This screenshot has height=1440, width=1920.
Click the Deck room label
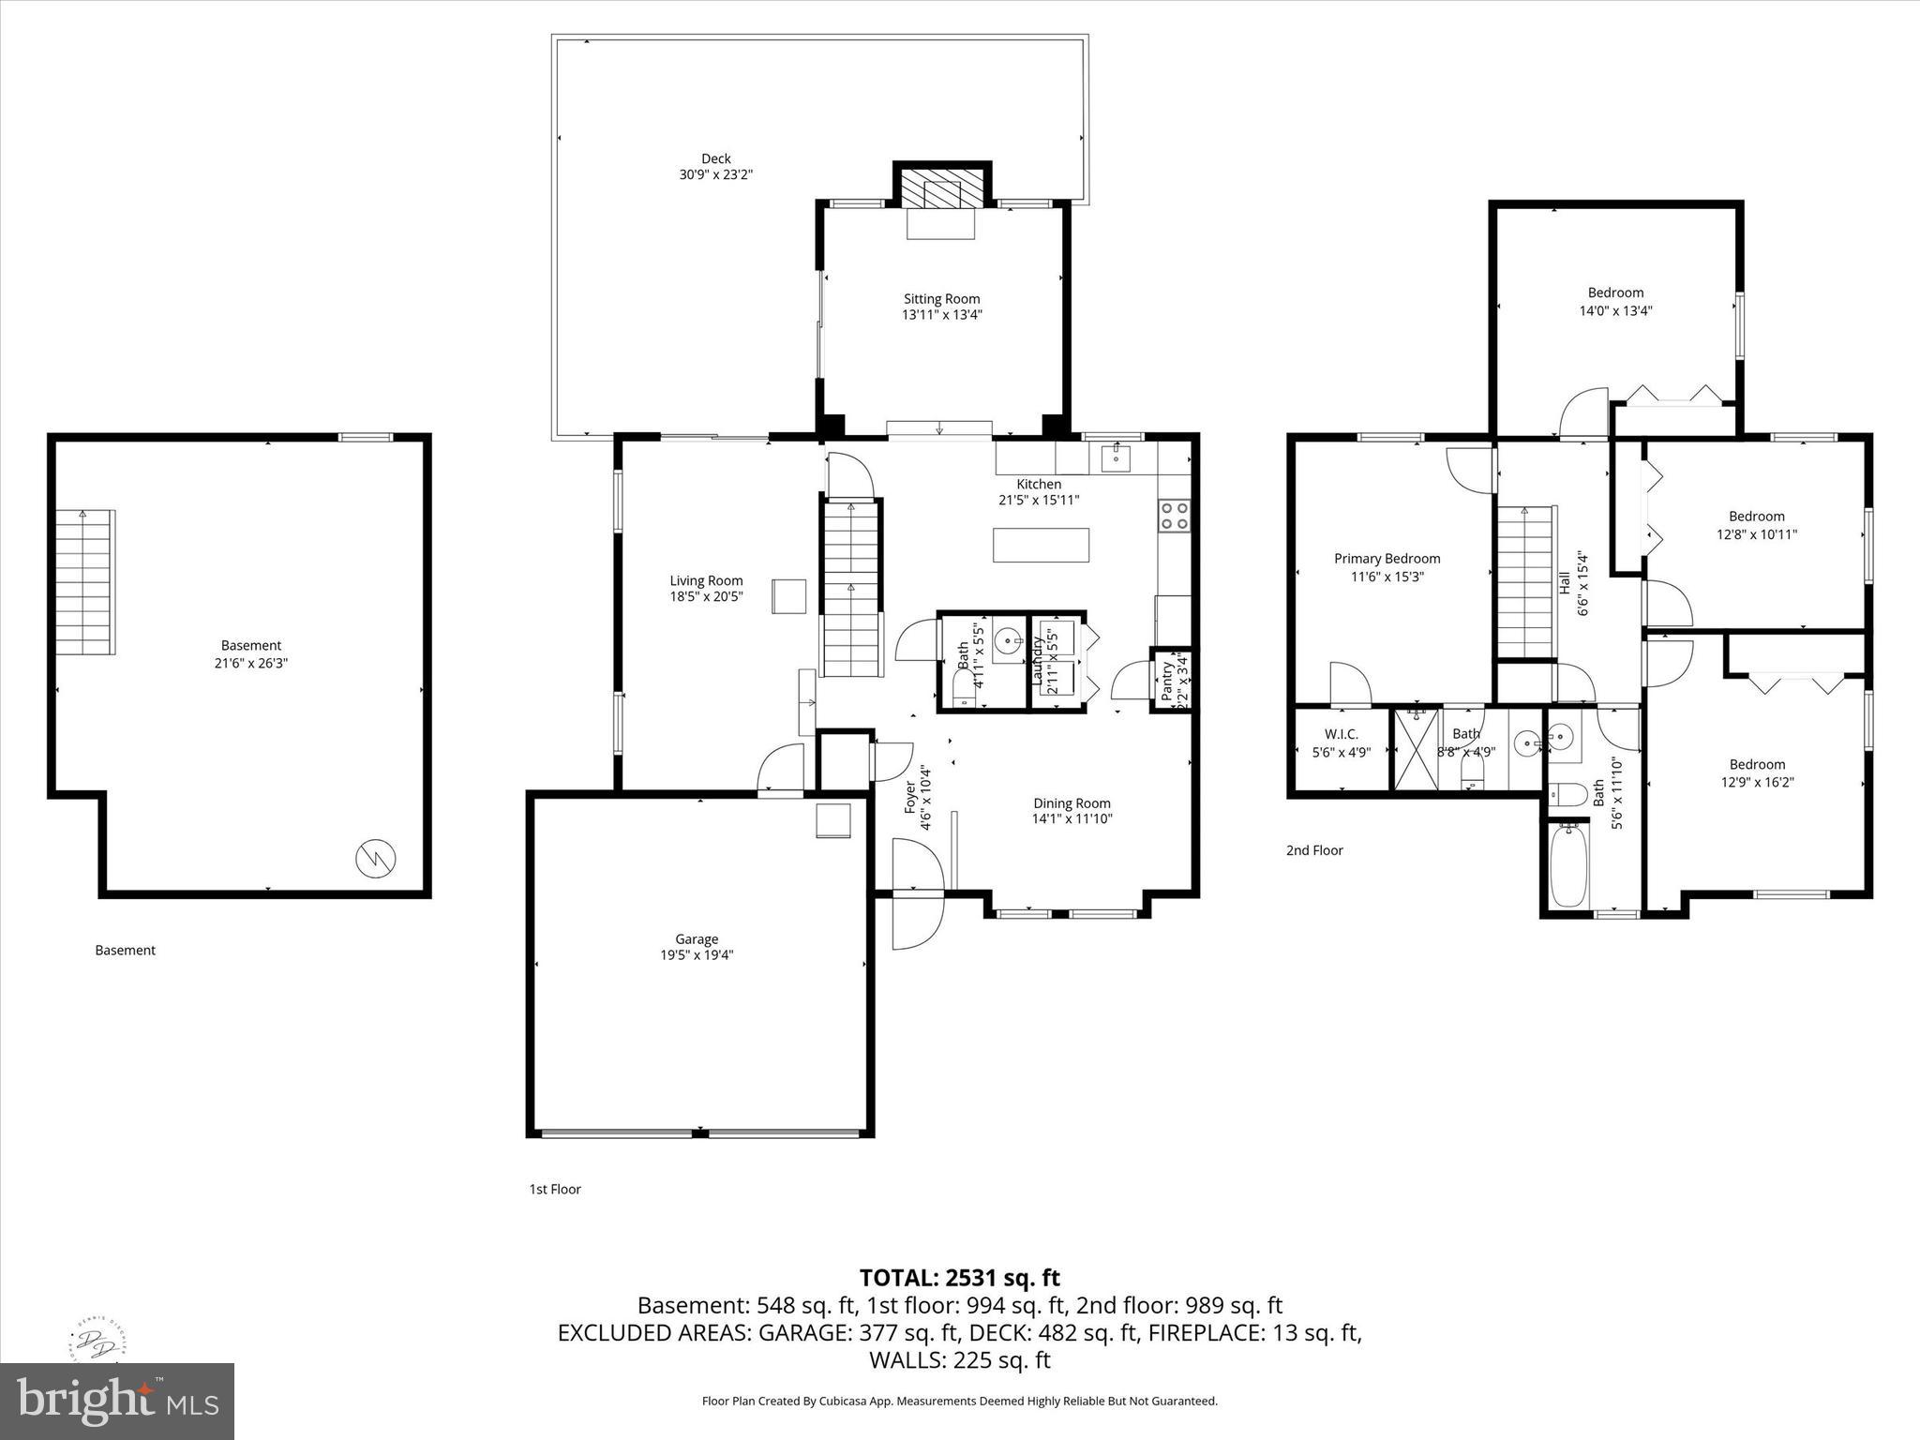coord(715,158)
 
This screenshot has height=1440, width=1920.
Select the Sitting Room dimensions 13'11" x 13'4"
coord(942,315)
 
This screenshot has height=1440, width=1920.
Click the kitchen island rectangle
coord(1041,545)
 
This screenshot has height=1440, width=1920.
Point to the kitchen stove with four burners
coord(1175,515)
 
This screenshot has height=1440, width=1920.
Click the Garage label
coord(697,938)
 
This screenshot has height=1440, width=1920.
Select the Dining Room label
coord(1072,802)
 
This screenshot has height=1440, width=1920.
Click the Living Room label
coord(706,580)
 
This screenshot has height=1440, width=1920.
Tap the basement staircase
coord(84,582)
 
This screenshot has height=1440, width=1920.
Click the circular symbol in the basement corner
coord(376,858)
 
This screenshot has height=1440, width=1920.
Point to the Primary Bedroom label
coord(1387,558)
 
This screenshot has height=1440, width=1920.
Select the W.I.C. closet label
coord(1341,734)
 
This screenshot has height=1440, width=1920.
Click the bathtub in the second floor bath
coord(1567,864)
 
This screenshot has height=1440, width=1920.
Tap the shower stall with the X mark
coord(1416,749)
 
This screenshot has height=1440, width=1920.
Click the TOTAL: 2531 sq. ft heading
coord(959,1277)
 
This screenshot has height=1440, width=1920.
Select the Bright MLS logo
coord(117,1401)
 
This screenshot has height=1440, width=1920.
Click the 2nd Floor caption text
coord(1314,850)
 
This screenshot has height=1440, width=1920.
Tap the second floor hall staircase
coord(1525,582)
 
